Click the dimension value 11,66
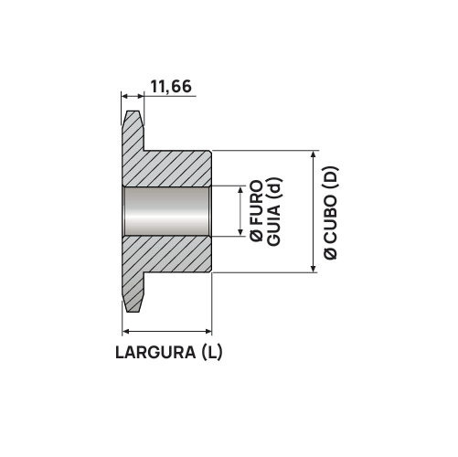coord(170,87)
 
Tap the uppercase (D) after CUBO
coord(331,178)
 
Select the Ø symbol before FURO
coord(257,237)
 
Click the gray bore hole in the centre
coord(167,211)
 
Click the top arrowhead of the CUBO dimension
coord(314,154)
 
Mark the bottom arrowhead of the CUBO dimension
coord(314,267)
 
